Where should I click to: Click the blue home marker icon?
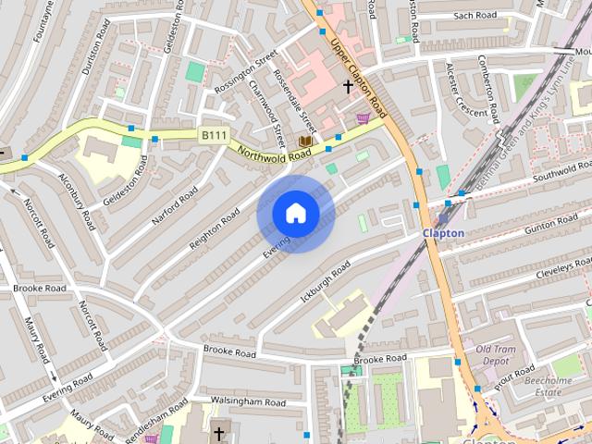coord(295,214)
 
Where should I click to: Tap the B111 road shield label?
coord(214,136)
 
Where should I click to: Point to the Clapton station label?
coord(443,233)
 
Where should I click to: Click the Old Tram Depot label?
coord(498,354)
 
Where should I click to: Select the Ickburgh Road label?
coord(327,272)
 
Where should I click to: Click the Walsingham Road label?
coord(248,402)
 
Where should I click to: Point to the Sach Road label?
coord(475,16)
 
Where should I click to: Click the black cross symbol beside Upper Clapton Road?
coord(348,87)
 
